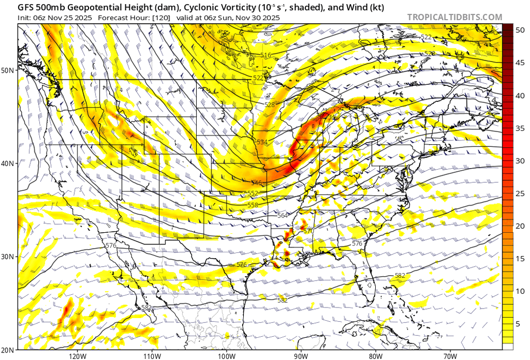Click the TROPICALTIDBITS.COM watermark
(454, 17)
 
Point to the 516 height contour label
(266, 56)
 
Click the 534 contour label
(262, 142)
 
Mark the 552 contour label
(253, 193)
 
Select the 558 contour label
(252, 205)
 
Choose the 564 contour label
(282, 215)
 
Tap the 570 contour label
(308, 231)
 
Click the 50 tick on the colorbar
(520, 29)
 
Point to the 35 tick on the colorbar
(520, 128)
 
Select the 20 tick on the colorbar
(520, 226)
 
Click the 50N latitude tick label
(8, 71)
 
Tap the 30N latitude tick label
(8, 257)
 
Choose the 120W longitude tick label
(77, 355)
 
